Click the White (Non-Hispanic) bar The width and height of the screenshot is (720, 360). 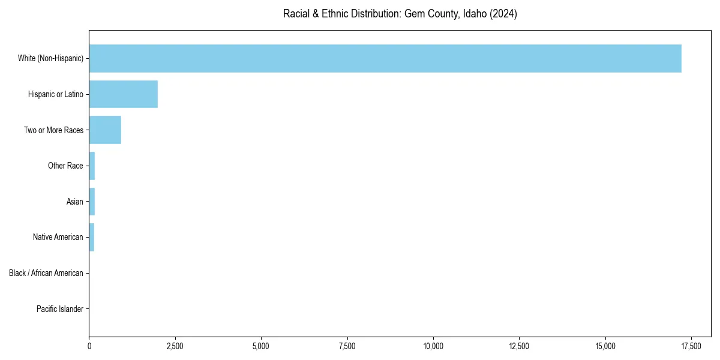click(385, 58)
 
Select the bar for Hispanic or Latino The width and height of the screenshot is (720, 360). click(124, 94)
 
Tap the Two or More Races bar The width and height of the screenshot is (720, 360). click(105, 130)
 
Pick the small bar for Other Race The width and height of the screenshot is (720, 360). click(92, 166)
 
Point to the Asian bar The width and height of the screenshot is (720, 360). click(92, 202)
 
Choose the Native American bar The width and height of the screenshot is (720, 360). click(92, 237)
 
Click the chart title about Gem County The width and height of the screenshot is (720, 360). click(400, 14)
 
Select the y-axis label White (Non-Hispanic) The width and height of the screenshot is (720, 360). click(50, 58)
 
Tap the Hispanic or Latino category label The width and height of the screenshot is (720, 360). click(56, 94)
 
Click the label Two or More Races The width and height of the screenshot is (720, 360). click(53, 130)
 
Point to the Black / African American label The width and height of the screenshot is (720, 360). click(46, 273)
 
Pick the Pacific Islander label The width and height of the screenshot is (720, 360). click(60, 309)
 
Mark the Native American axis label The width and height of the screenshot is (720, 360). click(58, 237)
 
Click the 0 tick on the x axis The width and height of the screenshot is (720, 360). click(89, 346)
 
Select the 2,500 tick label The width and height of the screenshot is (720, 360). click(175, 346)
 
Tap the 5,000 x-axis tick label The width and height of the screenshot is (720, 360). click(261, 346)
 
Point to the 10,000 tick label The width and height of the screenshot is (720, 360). click(433, 346)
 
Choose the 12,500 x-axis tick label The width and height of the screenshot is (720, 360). click(519, 346)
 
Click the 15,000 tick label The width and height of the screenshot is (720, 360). click(605, 346)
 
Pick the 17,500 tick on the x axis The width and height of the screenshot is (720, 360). click(691, 346)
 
